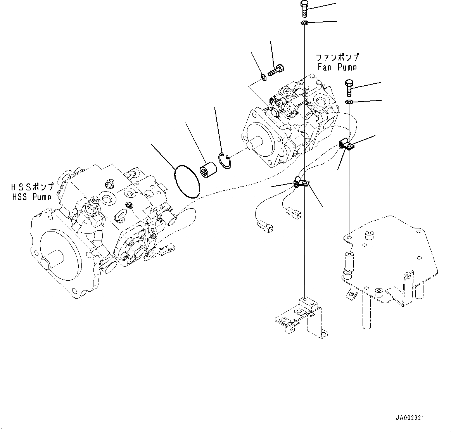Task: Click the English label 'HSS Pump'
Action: pos(31,197)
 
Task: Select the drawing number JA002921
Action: pos(410,418)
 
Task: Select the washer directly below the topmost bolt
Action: pos(304,24)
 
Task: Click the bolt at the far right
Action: pos(348,88)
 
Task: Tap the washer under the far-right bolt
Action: pos(349,102)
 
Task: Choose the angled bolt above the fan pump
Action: pos(276,71)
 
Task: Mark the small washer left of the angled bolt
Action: pos(263,78)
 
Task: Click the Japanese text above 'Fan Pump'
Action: pos(337,57)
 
